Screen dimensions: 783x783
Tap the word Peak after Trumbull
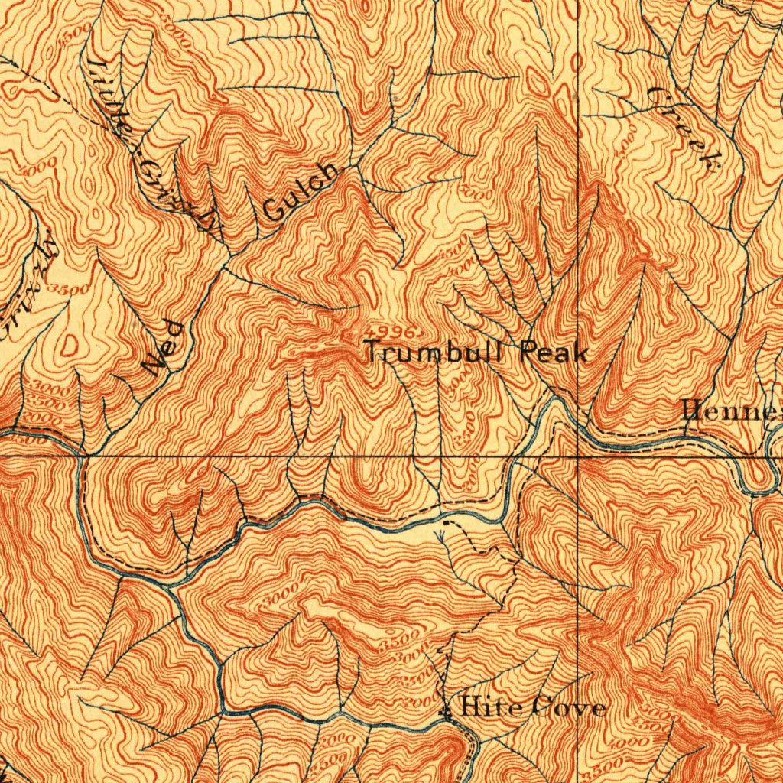point(554,353)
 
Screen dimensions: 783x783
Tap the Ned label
point(165,348)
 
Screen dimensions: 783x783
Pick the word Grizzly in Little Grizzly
point(173,191)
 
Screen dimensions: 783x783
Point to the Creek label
point(685,126)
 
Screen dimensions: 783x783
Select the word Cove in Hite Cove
point(569,707)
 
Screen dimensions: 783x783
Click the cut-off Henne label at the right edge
point(731,412)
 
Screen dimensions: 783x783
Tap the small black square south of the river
point(446,523)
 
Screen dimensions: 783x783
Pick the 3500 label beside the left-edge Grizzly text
point(67,289)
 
